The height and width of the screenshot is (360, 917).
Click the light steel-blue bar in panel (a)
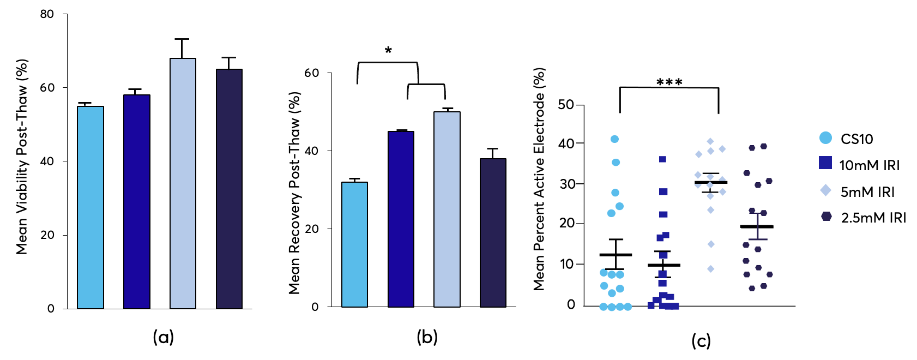[x=183, y=183]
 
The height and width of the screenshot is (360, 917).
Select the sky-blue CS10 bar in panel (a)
[x=91, y=207]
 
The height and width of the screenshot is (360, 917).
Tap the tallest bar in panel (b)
[x=447, y=209]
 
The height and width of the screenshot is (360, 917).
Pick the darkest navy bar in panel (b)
[x=493, y=232]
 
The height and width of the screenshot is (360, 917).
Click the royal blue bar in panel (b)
[x=401, y=219]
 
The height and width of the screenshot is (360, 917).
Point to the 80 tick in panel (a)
[x=47, y=14]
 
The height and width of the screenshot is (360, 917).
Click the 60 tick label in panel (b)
[x=311, y=73]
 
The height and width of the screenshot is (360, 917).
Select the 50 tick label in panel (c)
[x=566, y=104]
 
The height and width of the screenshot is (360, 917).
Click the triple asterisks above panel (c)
[x=669, y=82]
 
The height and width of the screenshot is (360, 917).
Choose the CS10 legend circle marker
[x=825, y=138]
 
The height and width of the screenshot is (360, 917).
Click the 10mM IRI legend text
[x=869, y=165]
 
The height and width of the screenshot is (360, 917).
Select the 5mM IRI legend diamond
[x=825, y=190]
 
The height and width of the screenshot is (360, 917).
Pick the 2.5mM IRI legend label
[x=873, y=218]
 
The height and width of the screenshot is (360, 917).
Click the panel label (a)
[x=163, y=337]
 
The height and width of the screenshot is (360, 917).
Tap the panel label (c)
[x=701, y=341]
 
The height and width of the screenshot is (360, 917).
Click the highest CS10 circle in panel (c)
[x=614, y=139]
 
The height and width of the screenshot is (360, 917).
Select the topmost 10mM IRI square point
[x=662, y=159]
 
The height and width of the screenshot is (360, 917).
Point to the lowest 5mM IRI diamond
[x=710, y=268]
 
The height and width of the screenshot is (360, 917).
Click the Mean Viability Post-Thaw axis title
[x=21, y=157]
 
